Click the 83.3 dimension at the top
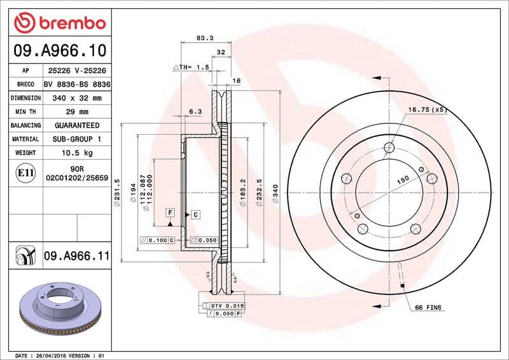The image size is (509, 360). click(204, 38)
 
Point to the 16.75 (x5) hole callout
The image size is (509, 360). click(428, 110)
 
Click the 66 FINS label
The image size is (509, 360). click(428, 308)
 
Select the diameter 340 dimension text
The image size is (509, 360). click(275, 193)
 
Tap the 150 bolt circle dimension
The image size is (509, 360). click(402, 181)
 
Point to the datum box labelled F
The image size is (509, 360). click(170, 211)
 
